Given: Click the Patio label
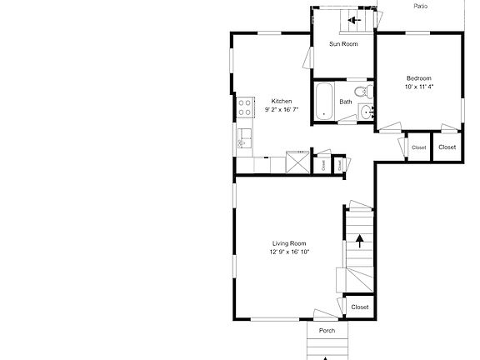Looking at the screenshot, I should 421,6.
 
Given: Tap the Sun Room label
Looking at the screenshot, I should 343,43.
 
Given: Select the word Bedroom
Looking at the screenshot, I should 418,77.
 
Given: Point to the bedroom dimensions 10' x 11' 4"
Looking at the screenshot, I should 419,86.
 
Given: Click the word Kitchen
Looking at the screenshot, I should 282,101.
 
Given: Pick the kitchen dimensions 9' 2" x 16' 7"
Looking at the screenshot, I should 282,109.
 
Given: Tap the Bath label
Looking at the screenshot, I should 345,102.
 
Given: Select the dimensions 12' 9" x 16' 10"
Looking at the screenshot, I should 289,252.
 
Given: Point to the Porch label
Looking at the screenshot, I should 327,331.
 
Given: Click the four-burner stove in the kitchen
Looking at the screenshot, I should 245,107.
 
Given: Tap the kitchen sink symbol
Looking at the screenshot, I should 244,137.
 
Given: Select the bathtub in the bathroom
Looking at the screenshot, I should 324,100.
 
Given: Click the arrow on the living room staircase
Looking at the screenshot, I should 360,242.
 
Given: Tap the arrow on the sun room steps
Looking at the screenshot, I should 353,21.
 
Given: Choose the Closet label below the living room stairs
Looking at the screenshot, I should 359,307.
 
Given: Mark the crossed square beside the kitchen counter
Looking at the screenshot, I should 297,161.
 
